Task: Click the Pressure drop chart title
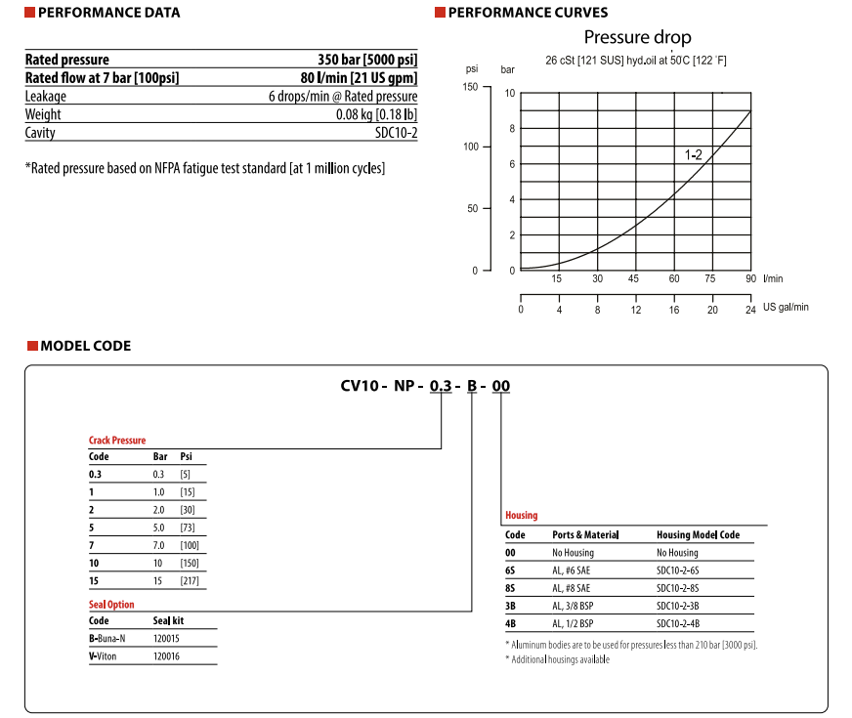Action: click(637, 38)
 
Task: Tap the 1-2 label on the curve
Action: click(693, 155)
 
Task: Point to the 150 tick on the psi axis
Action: click(471, 87)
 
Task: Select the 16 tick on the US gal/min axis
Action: click(674, 310)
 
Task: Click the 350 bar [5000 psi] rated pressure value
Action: click(366, 60)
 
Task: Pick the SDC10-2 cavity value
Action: click(396, 133)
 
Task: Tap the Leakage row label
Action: click(46, 97)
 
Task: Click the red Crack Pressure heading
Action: click(117, 441)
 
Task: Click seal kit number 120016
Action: click(167, 656)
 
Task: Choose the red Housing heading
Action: click(521, 516)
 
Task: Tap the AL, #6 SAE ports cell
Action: click(572, 570)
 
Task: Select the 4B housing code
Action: click(510, 623)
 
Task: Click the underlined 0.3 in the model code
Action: click(441, 386)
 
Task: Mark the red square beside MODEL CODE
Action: click(31, 346)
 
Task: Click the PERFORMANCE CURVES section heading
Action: click(527, 13)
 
